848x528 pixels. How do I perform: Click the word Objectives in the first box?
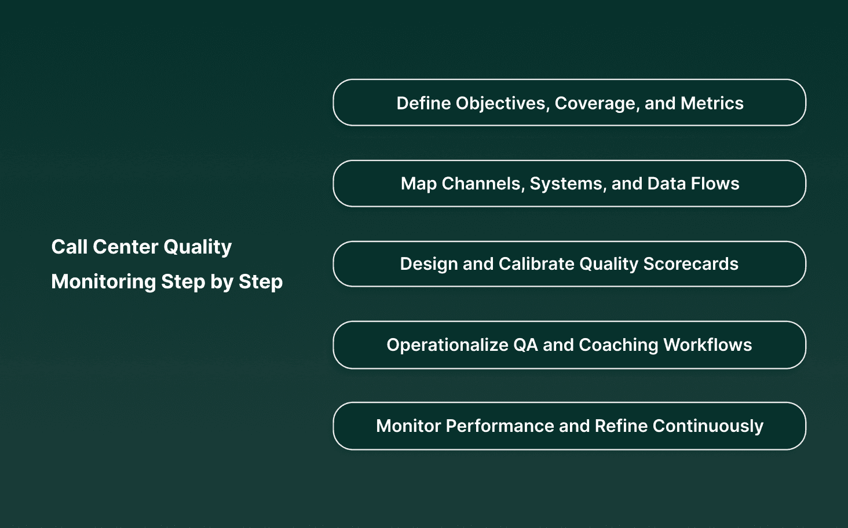click(502, 104)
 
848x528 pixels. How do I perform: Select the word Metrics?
click(712, 103)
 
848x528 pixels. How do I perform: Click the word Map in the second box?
click(418, 184)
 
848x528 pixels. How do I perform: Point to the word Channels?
click(483, 184)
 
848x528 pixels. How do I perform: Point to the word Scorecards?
click(690, 264)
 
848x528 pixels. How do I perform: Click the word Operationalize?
click(447, 345)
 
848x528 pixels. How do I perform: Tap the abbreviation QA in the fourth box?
click(525, 345)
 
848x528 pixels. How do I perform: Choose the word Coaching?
click(618, 345)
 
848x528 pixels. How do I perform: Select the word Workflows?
click(707, 345)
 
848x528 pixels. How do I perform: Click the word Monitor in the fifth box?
click(408, 426)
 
